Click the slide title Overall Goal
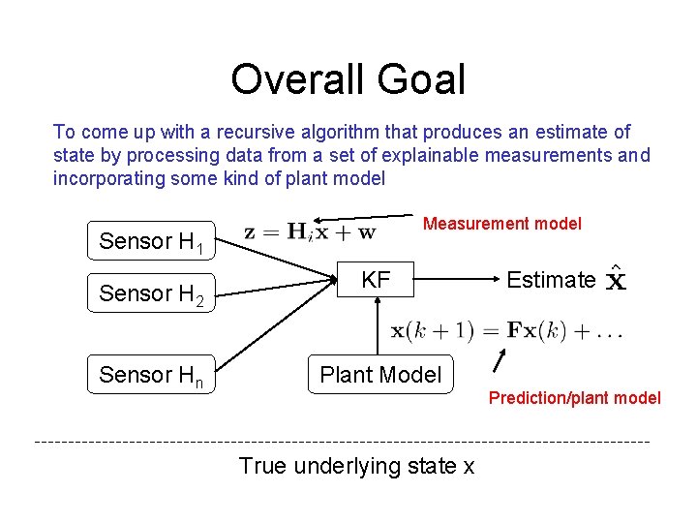[348, 79]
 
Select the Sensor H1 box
[150, 241]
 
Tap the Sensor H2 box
[150, 293]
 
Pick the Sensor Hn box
[150, 375]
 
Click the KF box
[376, 280]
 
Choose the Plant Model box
[379, 375]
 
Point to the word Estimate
[551, 280]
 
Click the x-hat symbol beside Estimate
[615, 281]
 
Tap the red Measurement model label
[502, 224]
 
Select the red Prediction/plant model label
[574, 397]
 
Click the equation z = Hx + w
[310, 231]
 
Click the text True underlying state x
[356, 466]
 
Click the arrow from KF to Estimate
[455, 279]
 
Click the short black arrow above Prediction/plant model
[500, 359]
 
